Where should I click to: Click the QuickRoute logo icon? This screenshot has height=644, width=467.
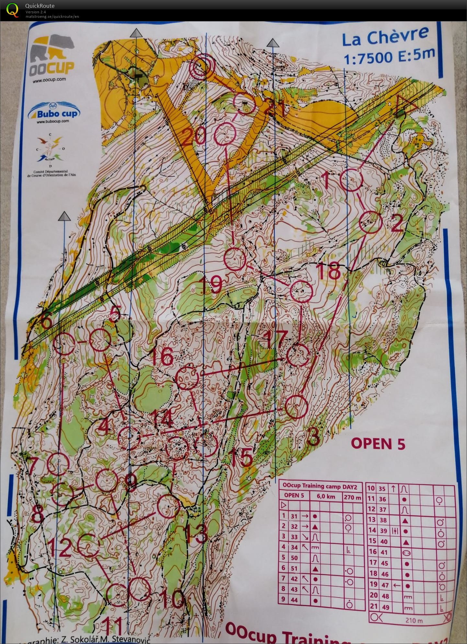pyautogui.click(x=12, y=10)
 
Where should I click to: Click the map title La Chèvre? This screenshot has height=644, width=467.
pyautogui.click(x=385, y=36)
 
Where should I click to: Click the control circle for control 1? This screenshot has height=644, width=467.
pyautogui.click(x=351, y=181)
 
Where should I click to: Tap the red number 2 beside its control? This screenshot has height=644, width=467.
pyautogui.click(x=396, y=223)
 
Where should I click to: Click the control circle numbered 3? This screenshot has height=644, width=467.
pyautogui.click(x=296, y=407)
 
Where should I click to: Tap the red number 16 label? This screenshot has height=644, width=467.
pyautogui.click(x=162, y=356)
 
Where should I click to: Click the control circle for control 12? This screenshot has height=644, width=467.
pyautogui.click(x=89, y=545)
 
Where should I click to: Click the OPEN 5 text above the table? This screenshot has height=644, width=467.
pyautogui.click(x=378, y=444)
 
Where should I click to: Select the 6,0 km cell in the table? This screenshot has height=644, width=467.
pyautogui.click(x=326, y=496)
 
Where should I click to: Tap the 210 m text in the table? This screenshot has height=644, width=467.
pyautogui.click(x=414, y=621)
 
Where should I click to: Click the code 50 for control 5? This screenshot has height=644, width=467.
pyautogui.click(x=294, y=557)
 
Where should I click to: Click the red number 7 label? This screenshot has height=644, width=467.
pyautogui.click(x=34, y=466)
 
